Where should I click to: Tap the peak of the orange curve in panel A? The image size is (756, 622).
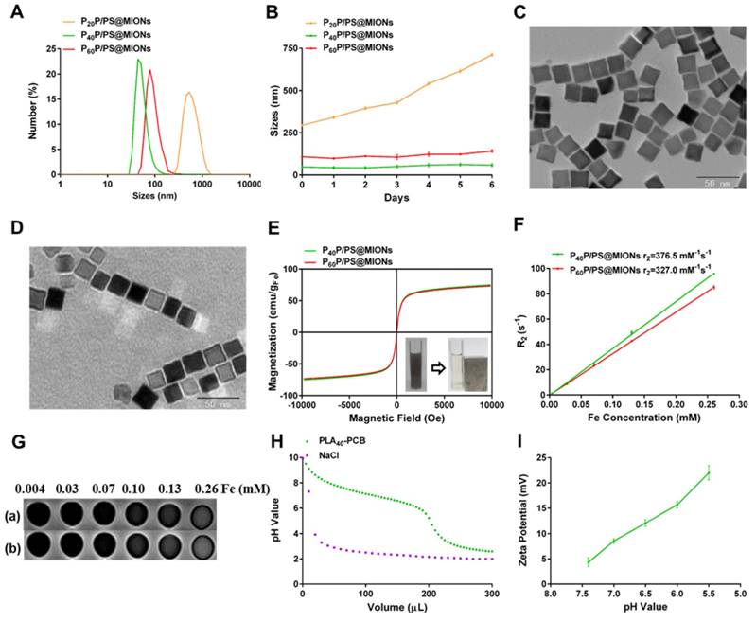tap(188, 93)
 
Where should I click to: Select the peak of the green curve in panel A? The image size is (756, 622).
tap(139, 61)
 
